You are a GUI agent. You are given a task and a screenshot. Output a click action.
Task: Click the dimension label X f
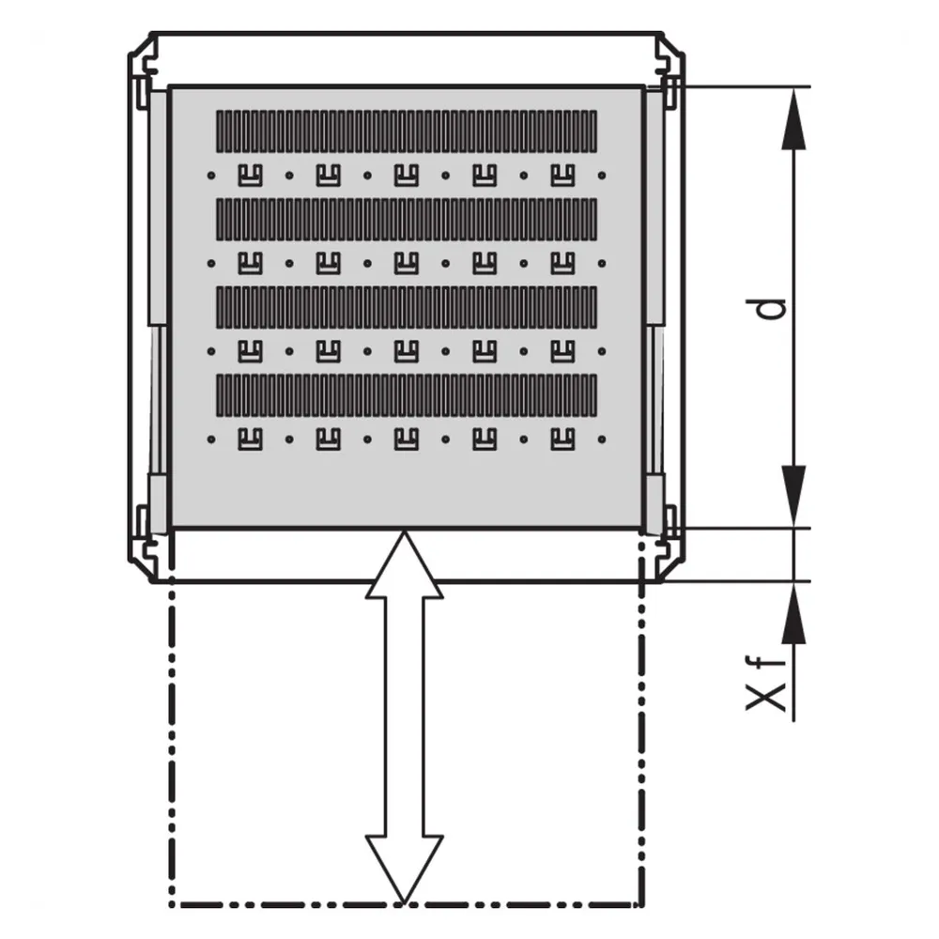(x=765, y=684)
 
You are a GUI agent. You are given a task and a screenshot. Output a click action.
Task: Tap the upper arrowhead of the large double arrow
(x=404, y=564)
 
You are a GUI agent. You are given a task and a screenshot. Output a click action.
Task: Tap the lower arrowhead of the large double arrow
(x=404, y=869)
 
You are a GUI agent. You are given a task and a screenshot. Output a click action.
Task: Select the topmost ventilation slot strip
(x=407, y=131)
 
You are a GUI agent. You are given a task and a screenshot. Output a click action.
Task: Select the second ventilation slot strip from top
(x=407, y=219)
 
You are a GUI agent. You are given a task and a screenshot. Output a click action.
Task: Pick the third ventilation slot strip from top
(x=407, y=307)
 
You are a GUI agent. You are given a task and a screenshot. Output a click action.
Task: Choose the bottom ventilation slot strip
(x=407, y=395)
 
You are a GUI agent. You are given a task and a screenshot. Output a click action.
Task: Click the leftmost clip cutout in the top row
(x=251, y=176)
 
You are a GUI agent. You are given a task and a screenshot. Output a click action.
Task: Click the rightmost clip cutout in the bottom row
(x=562, y=439)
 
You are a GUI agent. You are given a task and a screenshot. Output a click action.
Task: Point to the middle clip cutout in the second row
(x=407, y=264)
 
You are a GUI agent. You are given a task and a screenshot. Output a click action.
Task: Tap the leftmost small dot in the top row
(x=210, y=176)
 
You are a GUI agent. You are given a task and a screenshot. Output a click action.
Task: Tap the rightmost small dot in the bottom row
(x=602, y=439)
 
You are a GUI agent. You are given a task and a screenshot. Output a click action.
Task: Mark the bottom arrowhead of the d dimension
(x=794, y=497)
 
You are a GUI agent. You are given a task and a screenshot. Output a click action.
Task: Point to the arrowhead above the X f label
(x=794, y=612)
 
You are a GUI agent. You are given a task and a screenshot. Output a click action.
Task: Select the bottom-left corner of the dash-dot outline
(x=173, y=904)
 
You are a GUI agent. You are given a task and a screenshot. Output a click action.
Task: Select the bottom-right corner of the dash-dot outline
(x=642, y=904)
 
